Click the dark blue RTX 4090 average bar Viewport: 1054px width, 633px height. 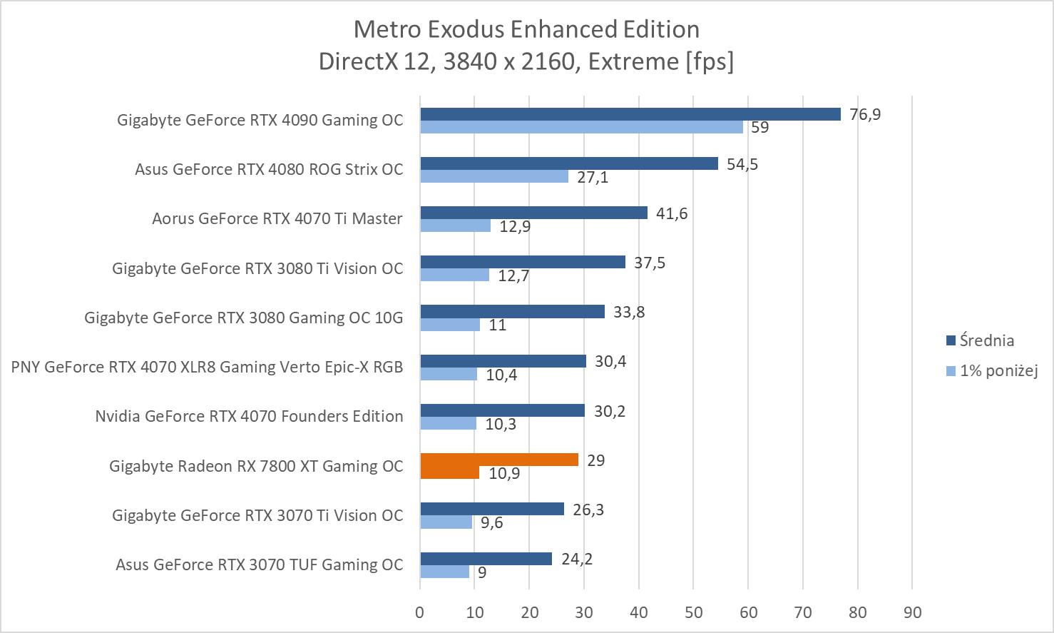(x=630, y=114)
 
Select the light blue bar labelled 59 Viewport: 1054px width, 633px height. (x=581, y=128)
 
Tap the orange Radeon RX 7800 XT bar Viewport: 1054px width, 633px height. (x=499, y=460)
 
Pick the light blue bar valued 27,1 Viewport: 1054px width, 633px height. (x=494, y=177)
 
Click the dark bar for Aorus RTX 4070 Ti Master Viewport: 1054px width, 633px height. (x=533, y=213)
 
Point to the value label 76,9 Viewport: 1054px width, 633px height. (x=865, y=114)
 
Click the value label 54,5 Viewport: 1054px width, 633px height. (x=742, y=164)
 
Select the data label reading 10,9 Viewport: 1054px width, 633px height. (x=504, y=473)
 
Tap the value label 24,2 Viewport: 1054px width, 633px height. (x=577, y=559)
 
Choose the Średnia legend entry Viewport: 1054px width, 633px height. (x=986, y=340)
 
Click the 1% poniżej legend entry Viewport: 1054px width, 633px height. (x=998, y=370)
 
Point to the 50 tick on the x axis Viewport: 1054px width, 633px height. (x=693, y=612)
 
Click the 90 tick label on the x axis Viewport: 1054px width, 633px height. (x=912, y=612)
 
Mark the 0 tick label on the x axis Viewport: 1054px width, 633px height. (x=419, y=612)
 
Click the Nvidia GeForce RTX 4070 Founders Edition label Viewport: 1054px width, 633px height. (x=249, y=416)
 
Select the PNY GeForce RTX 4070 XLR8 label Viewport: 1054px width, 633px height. (x=207, y=367)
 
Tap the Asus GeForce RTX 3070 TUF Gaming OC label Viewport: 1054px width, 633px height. (x=259, y=564)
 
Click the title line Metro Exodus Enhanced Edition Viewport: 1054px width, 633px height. (x=526, y=29)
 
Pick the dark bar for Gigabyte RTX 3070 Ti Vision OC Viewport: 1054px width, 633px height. (x=492, y=509)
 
